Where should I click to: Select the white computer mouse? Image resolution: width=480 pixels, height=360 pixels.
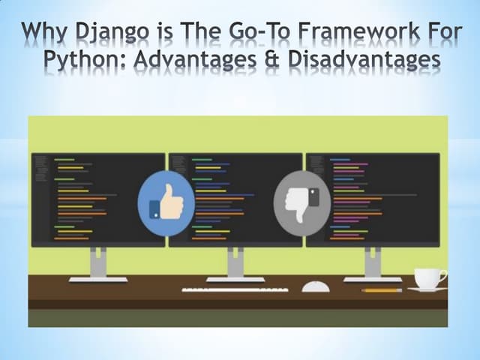(315, 286)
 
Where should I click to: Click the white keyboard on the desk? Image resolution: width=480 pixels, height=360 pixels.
(235, 288)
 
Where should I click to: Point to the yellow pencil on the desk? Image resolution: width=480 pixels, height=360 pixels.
(382, 289)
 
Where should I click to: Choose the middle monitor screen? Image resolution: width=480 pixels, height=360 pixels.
(235, 199)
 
